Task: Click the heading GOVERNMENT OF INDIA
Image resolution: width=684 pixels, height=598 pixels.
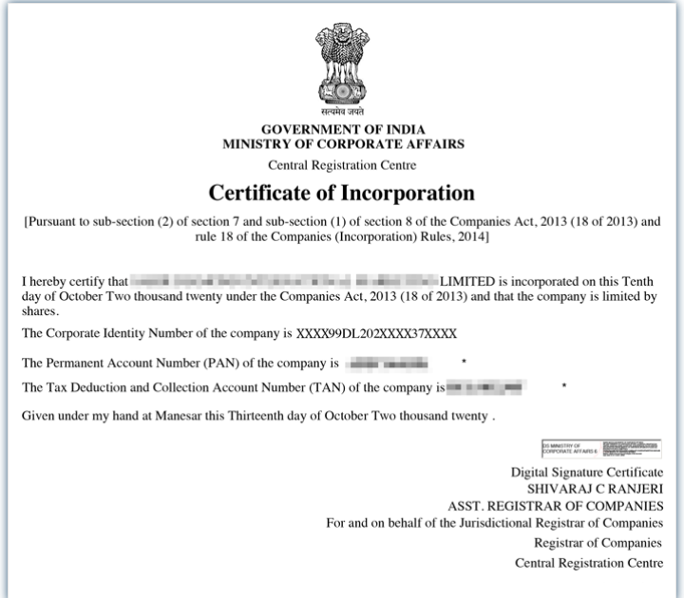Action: click(343, 130)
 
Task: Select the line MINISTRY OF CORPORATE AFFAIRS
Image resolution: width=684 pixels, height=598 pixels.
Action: click(343, 145)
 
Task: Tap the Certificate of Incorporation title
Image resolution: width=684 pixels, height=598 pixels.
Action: click(342, 193)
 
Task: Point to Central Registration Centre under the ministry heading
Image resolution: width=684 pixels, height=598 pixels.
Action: click(343, 166)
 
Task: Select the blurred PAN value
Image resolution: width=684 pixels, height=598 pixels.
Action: click(387, 364)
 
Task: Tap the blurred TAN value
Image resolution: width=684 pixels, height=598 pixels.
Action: click(485, 387)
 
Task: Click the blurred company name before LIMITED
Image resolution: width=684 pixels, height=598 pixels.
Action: click(283, 281)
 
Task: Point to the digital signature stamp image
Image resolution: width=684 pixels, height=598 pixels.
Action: click(601, 448)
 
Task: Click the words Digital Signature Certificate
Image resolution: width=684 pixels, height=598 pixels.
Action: click(586, 472)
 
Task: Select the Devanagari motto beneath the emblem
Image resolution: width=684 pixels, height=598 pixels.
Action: click(343, 113)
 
